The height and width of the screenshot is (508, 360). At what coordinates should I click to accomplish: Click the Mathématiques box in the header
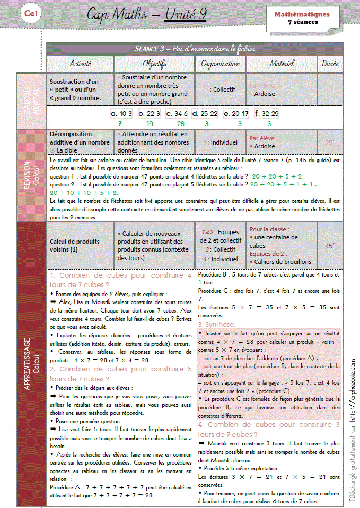click(302, 18)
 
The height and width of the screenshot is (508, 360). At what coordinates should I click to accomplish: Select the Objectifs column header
click(155, 64)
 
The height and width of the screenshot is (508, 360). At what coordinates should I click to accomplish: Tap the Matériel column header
click(282, 64)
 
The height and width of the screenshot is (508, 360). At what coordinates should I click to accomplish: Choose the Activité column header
click(81, 64)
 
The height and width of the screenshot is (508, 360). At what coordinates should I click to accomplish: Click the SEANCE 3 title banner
click(195, 49)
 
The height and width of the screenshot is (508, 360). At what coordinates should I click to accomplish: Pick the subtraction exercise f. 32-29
click(267, 113)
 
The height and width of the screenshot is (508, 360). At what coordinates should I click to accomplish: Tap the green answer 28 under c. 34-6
click(181, 123)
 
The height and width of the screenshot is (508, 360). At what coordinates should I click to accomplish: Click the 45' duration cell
click(330, 246)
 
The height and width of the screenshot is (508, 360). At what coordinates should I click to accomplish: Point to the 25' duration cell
click(330, 142)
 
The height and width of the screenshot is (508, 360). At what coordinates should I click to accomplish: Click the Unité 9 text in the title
click(186, 14)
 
